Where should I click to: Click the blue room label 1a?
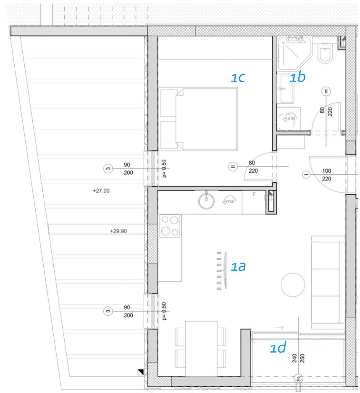pos(238,266)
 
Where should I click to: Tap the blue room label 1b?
pos(298,77)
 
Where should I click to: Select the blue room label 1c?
pos(238,77)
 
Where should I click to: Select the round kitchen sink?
pos(206,201)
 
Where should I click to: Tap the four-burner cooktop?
pos(170,226)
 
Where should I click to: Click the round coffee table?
pos(293,285)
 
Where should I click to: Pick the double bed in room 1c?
pos(199,119)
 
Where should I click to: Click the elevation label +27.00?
pos(101,191)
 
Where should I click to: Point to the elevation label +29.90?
pos(118,231)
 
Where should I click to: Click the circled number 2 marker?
pos(298,378)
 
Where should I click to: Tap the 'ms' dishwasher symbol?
pos(229,201)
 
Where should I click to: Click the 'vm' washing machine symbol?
pos(289,118)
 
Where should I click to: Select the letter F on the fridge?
pos(254,194)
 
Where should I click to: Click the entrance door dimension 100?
pos(326,171)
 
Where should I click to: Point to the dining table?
pos(201,348)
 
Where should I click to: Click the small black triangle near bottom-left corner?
pos(141,372)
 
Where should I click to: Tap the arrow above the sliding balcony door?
pos(279,327)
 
